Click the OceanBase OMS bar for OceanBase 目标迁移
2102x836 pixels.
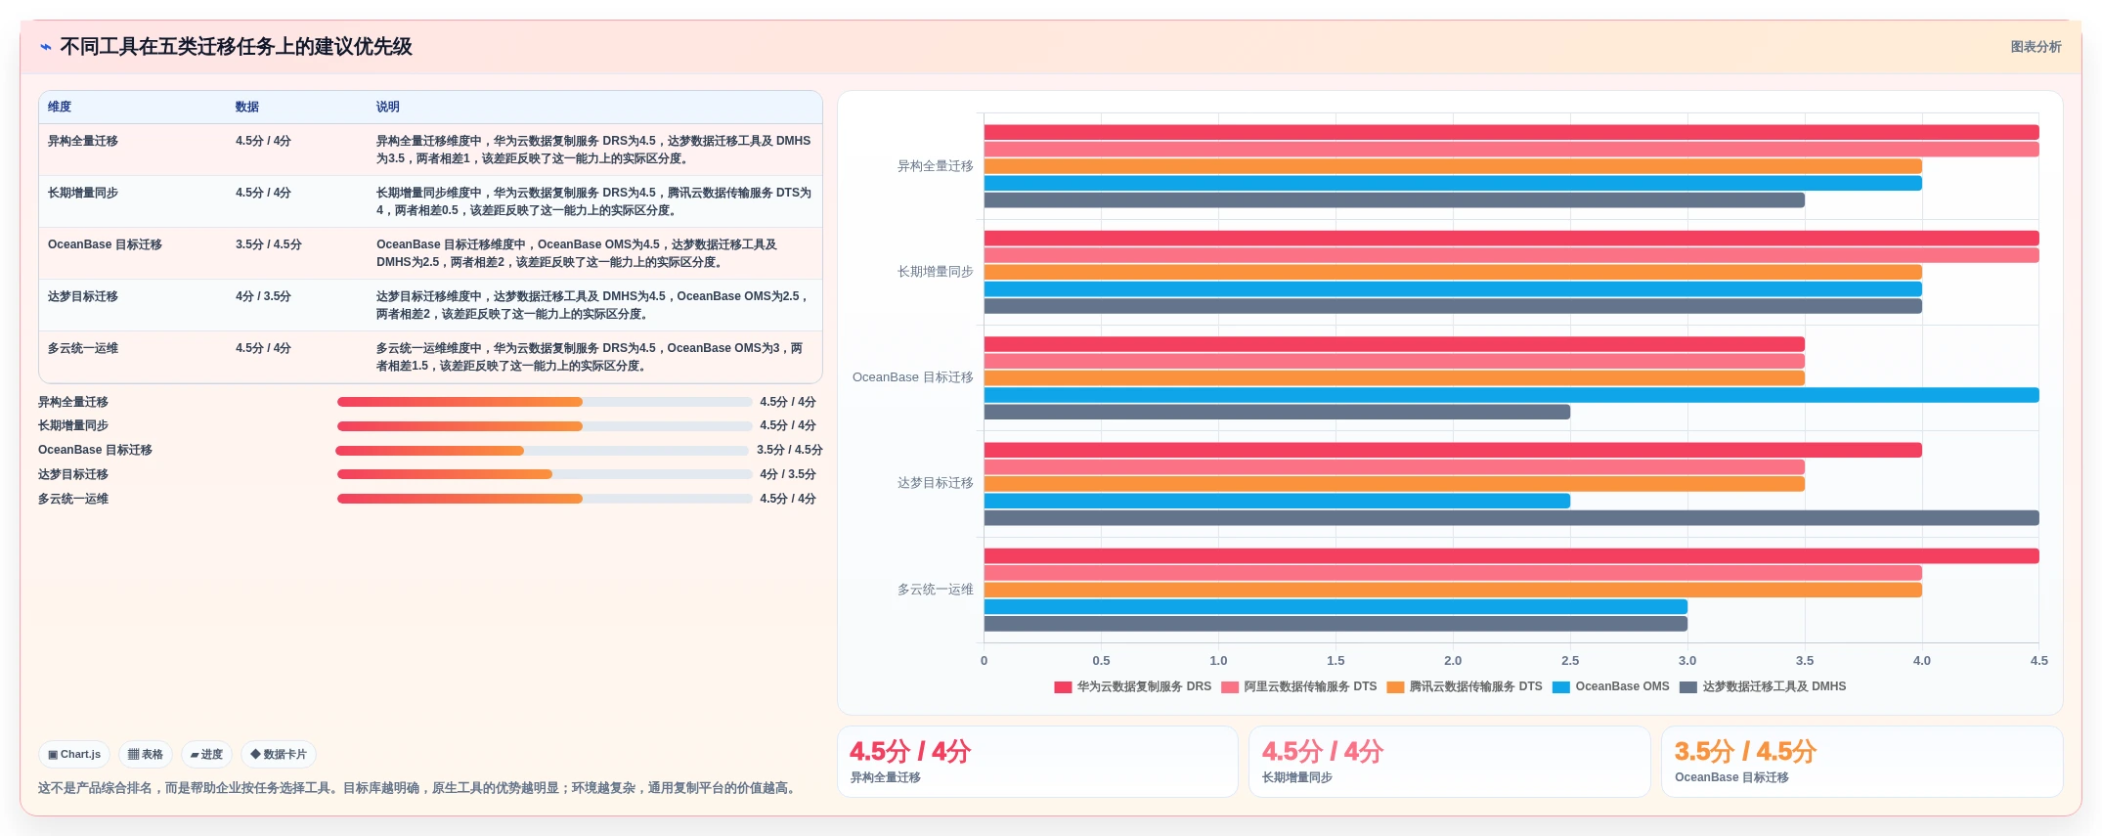pos(1511,395)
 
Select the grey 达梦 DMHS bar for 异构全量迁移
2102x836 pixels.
pos(1394,200)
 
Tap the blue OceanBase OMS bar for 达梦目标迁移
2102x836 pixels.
pos(1277,501)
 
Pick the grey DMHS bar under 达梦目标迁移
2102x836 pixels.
pos(1511,518)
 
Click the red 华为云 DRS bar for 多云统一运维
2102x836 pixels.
pos(1511,556)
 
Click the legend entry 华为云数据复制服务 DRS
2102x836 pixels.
pos(1133,686)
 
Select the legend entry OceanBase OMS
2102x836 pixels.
pos(1611,686)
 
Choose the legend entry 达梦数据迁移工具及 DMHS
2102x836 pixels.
pos(1764,686)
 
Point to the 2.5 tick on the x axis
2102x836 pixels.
pos(1570,661)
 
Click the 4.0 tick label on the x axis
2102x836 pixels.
pos(1922,661)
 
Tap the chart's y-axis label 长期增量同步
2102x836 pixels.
pos(936,272)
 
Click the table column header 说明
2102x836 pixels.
pos(388,107)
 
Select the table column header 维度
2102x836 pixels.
pos(60,107)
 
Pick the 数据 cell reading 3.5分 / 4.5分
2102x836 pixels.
pos(269,244)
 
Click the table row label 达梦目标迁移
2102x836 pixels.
pos(83,296)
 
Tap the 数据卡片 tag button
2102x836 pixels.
pos(279,754)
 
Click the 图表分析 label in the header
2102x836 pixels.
pos(2036,47)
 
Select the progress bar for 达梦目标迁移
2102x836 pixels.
pos(545,474)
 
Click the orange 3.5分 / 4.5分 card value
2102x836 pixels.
pos(1745,751)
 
